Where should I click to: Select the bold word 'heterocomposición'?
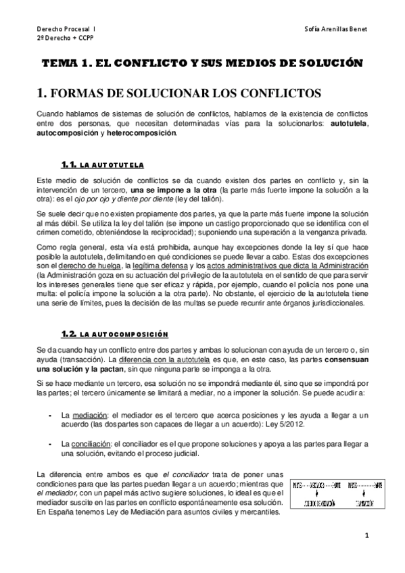pyautogui.click(x=140, y=134)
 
